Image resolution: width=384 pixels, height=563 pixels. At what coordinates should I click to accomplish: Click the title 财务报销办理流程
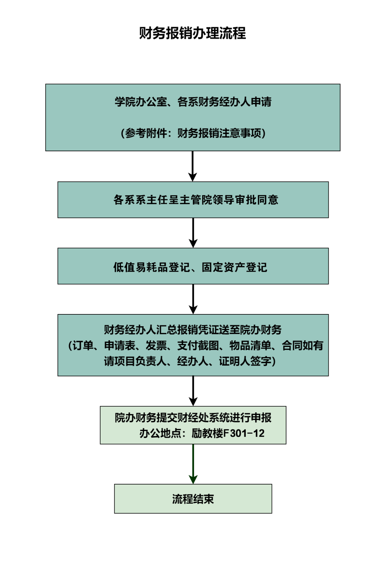pos(192,33)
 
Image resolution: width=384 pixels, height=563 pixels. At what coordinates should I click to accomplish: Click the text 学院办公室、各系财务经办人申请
pos(193,102)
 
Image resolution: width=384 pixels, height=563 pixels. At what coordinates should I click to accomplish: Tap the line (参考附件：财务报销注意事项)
pos(193,133)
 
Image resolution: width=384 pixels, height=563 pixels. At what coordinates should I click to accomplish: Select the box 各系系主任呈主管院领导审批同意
pos(193,200)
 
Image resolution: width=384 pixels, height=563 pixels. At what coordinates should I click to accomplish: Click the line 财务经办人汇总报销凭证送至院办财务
pos(193,330)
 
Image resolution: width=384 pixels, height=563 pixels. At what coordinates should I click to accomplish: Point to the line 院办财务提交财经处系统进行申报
pos(193,418)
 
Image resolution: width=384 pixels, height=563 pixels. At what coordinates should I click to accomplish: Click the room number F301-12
pos(244,433)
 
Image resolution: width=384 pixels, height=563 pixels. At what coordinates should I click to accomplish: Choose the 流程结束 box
pos(193,499)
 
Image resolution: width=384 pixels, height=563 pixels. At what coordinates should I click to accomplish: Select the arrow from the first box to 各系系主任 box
pos(193,166)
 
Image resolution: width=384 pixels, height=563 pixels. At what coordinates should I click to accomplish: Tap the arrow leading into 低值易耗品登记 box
pos(193,233)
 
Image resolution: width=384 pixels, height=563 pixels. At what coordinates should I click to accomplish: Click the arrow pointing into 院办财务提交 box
pos(193,391)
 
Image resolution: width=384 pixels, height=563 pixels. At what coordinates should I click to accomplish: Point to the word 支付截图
pos(198,345)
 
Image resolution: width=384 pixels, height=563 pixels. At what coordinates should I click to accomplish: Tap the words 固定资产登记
pos(234,267)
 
